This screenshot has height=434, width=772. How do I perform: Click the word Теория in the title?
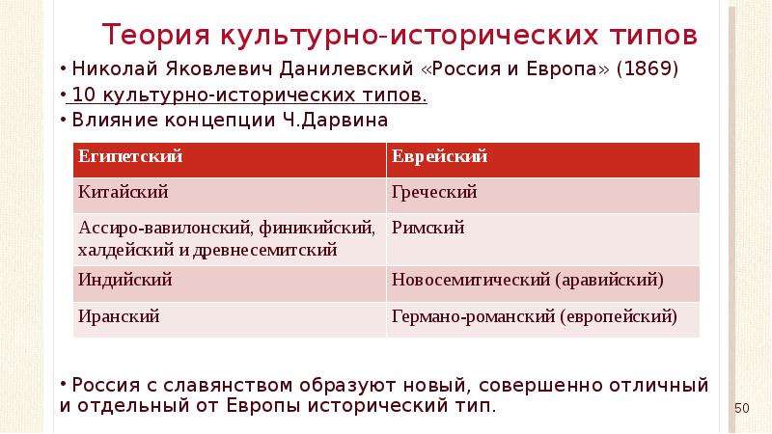click(156, 35)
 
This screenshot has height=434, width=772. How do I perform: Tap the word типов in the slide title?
click(654, 36)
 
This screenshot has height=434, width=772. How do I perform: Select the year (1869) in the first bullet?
click(648, 68)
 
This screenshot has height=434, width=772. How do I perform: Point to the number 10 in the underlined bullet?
click(83, 95)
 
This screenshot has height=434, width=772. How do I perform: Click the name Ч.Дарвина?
click(336, 120)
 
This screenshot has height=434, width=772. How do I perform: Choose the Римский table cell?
click(543, 239)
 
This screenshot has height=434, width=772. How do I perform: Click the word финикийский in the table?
click(317, 228)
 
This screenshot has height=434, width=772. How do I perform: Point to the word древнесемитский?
click(264, 250)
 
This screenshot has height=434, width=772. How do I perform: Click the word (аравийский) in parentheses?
click(610, 280)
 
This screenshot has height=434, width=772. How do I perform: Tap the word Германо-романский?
click(474, 316)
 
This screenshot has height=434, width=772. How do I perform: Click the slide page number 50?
click(742, 408)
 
